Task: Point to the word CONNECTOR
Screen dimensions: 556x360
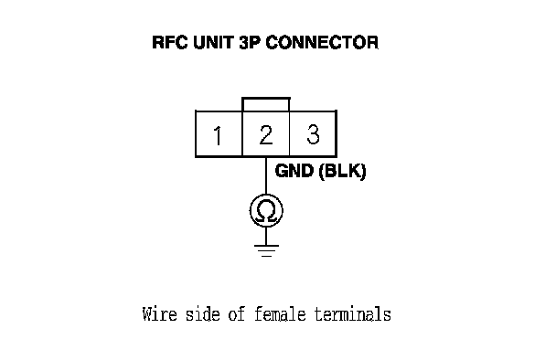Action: (x=322, y=43)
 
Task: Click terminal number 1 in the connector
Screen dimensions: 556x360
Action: (x=218, y=135)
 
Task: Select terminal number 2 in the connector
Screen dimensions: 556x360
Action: (x=266, y=134)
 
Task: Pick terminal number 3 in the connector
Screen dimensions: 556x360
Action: (x=313, y=134)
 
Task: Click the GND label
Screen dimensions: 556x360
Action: (x=294, y=171)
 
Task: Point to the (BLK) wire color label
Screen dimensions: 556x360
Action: (x=342, y=172)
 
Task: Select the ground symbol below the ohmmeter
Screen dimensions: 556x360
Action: (x=266, y=250)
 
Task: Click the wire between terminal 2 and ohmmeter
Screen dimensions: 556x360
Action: (x=266, y=175)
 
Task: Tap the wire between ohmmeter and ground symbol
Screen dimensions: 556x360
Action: (x=266, y=236)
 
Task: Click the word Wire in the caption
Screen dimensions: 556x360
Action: (x=159, y=314)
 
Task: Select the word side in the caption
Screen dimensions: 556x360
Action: (x=203, y=314)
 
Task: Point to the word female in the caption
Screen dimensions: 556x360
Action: (x=280, y=314)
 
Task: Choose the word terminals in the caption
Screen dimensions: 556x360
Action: (x=353, y=314)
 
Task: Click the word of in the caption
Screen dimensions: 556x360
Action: (x=237, y=314)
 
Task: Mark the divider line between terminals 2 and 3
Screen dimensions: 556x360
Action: (x=289, y=133)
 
